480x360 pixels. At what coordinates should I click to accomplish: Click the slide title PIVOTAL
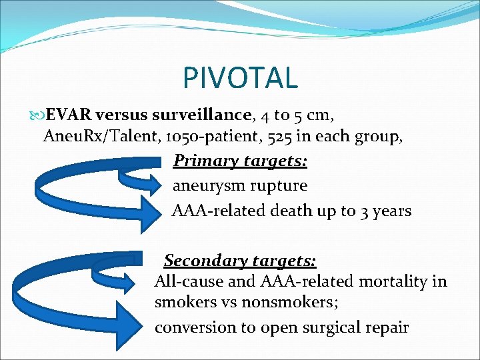click(240, 77)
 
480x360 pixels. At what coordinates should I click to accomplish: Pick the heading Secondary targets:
click(240, 260)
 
